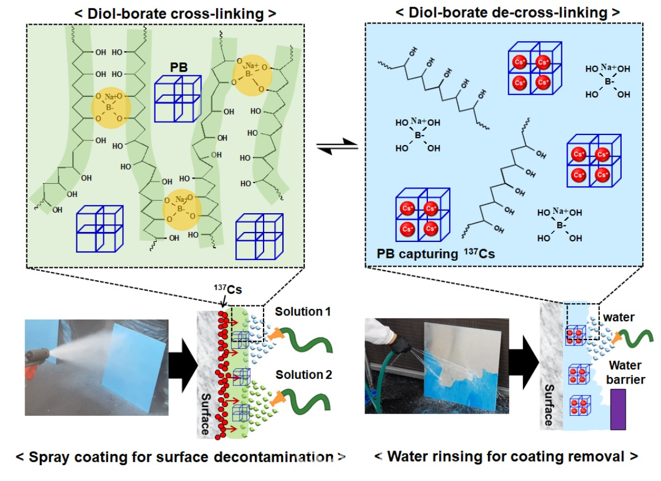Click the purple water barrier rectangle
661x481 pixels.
pyautogui.click(x=618, y=409)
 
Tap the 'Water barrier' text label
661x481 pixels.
pyautogui.click(x=626, y=372)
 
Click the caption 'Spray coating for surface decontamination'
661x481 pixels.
pyautogui.click(x=180, y=457)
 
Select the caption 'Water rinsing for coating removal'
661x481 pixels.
pyautogui.click(x=505, y=456)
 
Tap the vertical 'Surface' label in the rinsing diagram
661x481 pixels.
pyautogui.click(x=548, y=405)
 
